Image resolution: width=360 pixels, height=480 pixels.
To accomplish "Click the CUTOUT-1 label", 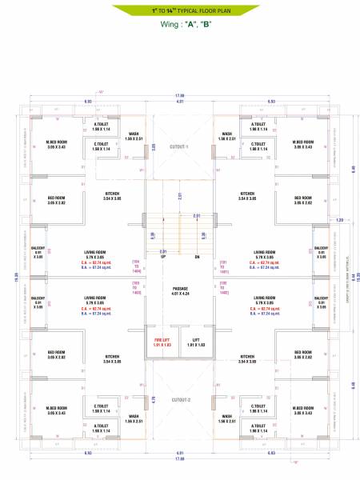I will tap(180, 147).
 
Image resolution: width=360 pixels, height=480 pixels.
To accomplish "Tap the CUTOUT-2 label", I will tap(180, 398).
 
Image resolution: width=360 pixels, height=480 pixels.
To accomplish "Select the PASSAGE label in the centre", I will tap(180, 289).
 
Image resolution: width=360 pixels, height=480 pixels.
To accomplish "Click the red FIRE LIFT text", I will tap(162, 339).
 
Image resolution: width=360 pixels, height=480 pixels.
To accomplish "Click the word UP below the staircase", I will tap(163, 257).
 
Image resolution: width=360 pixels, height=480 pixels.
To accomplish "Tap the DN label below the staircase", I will tap(197, 257).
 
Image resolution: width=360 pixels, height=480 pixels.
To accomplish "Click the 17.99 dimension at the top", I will tap(180, 96).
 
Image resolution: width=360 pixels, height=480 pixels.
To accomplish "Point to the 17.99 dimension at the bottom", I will tap(180, 459).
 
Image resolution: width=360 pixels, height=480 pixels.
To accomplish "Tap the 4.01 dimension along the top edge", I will tap(180, 102).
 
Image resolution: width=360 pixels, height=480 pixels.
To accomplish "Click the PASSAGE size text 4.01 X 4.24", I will tap(180, 294).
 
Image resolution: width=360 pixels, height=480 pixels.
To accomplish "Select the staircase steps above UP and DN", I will tap(180, 232).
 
